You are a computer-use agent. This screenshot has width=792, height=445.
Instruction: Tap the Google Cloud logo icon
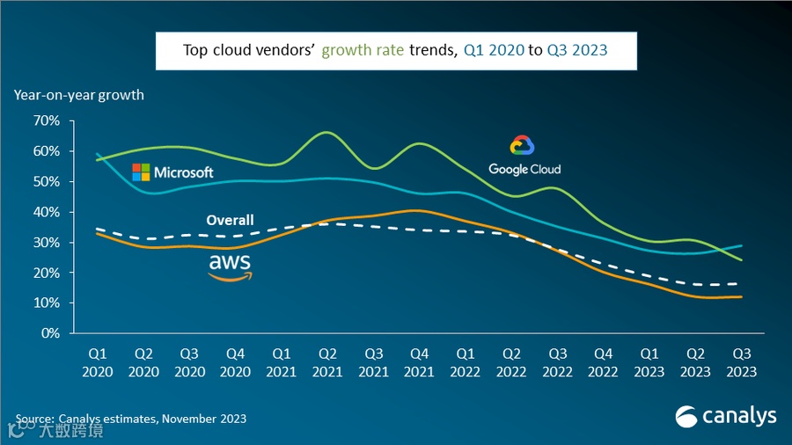[x=523, y=146]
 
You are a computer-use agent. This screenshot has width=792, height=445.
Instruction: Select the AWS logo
[x=230, y=266]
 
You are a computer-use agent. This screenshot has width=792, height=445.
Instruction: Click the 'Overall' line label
[x=230, y=220]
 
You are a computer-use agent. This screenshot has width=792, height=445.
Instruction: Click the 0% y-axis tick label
[x=51, y=333]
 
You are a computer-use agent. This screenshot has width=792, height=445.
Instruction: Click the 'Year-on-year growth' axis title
[x=78, y=94]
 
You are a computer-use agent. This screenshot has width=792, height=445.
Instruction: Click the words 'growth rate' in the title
[x=363, y=50]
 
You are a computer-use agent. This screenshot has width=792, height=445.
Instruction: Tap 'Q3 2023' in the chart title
[x=577, y=50]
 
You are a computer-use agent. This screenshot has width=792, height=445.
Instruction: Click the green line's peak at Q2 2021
[x=326, y=133]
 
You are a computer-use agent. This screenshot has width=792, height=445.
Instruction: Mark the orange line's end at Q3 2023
[x=741, y=297]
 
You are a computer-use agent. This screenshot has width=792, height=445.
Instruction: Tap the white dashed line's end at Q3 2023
[x=741, y=284]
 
